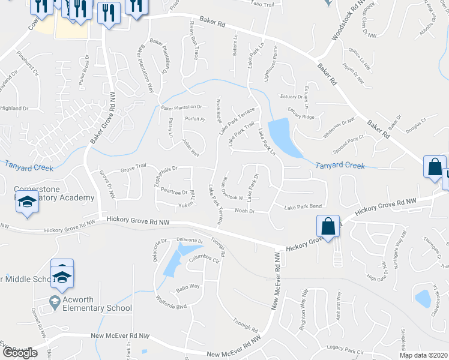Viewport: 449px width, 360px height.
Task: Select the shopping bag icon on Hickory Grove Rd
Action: pyautogui.click(x=328, y=227)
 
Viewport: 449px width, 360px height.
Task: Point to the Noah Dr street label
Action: pyautogui.click(x=245, y=211)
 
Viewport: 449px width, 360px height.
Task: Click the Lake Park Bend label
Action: pyautogui.click(x=303, y=206)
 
